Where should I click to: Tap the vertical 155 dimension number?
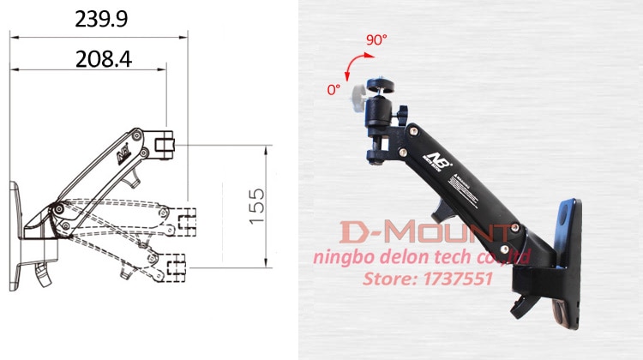point(257,207)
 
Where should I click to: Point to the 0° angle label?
point(334,88)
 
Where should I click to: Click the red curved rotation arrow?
point(352,68)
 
